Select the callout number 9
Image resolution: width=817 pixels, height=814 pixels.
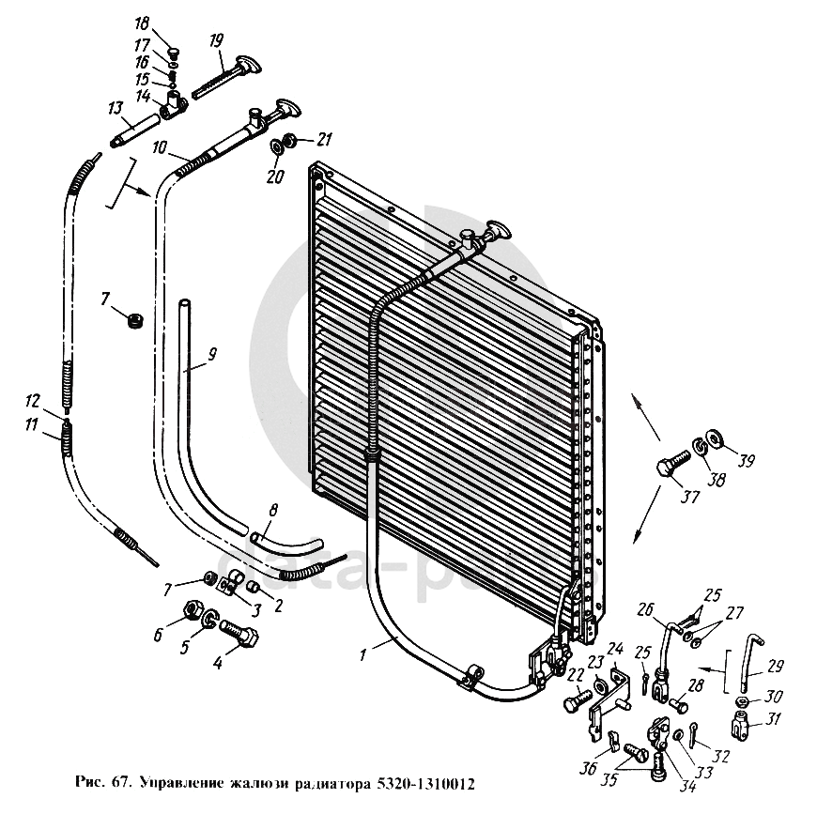click(x=212, y=354)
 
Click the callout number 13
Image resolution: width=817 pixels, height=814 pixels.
click(x=116, y=109)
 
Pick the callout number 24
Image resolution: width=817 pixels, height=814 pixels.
click(x=616, y=649)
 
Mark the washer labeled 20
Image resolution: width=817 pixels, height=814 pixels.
click(x=280, y=147)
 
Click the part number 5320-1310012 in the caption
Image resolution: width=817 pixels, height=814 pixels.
click(x=422, y=782)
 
